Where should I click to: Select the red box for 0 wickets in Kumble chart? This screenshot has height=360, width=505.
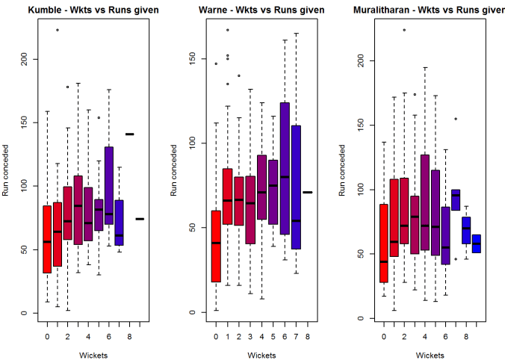coord(47,239)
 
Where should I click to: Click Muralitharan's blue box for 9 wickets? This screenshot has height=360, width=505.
coord(476,243)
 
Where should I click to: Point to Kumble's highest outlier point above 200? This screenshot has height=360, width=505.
coord(58,30)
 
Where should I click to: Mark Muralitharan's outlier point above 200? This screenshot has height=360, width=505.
coord(404,30)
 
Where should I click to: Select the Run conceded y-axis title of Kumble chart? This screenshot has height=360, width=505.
coord(6,172)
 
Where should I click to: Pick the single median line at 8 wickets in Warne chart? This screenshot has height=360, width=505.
coord(307,192)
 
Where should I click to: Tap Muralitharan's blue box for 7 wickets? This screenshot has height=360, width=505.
coord(455,199)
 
